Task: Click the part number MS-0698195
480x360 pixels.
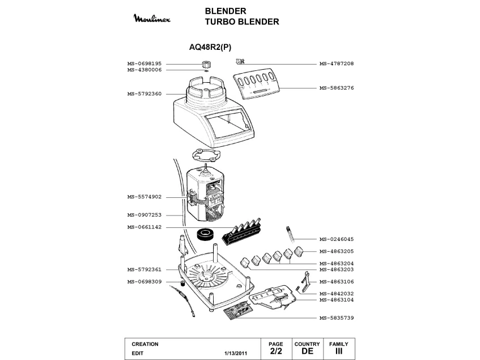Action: [145, 63]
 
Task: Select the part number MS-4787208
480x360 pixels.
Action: [337, 63]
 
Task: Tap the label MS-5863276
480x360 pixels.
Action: [337, 88]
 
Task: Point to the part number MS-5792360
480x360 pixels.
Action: [145, 94]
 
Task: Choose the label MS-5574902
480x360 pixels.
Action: [145, 197]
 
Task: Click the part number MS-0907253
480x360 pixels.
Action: [145, 215]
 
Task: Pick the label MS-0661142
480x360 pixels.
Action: [145, 227]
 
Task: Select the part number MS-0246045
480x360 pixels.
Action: [337, 239]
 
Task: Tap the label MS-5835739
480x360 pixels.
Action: [337, 317]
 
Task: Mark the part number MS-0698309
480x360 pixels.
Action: [145, 282]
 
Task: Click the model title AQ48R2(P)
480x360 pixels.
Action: [210, 48]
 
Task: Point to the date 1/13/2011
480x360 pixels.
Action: [236, 353]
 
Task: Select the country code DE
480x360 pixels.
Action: [307, 352]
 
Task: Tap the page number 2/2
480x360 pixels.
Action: [275, 352]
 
